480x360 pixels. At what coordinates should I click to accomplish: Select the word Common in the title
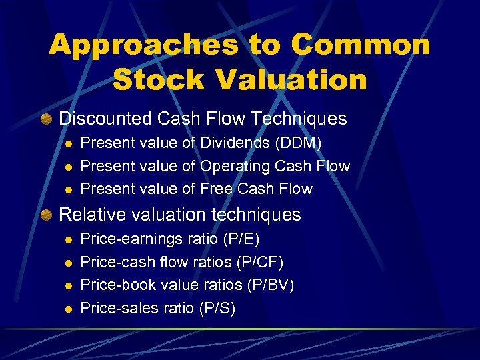pyautogui.click(x=361, y=45)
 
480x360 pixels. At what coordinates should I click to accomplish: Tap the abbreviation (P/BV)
pyautogui.click(x=269, y=285)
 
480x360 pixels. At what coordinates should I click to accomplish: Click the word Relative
pyautogui.click(x=87, y=215)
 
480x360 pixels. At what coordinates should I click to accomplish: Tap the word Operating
pyautogui.click(x=235, y=166)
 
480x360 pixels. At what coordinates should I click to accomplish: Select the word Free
pyautogui.click(x=216, y=189)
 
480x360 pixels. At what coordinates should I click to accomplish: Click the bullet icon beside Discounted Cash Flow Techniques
pyautogui.click(x=46, y=119)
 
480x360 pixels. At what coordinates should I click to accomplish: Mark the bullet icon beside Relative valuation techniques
pyautogui.click(x=46, y=215)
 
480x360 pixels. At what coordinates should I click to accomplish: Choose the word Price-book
pyautogui.click(x=115, y=285)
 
